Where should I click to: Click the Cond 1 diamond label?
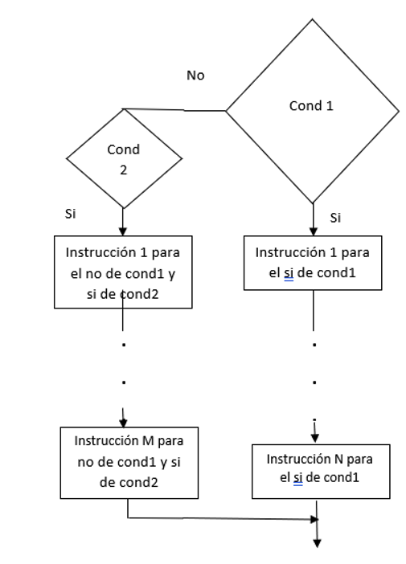311,106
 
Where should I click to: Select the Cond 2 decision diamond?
124,158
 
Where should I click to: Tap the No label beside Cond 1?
195,76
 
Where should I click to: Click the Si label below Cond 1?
335,218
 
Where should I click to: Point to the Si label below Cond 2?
70,214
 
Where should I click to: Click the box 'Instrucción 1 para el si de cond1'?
313,263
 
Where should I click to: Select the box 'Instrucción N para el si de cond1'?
321,472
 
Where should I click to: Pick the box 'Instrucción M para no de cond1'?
129,463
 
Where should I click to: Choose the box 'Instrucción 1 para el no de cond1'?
123,272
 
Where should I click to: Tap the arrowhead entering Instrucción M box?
123,423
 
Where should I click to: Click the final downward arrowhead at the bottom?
317,543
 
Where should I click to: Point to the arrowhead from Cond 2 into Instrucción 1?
123,231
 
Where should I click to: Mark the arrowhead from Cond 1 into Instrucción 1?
313,231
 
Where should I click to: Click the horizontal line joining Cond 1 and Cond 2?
174,110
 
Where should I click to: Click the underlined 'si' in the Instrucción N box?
297,478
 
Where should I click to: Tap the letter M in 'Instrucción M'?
148,441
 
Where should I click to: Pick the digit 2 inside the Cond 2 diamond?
124,170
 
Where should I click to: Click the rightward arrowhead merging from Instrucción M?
314,519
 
